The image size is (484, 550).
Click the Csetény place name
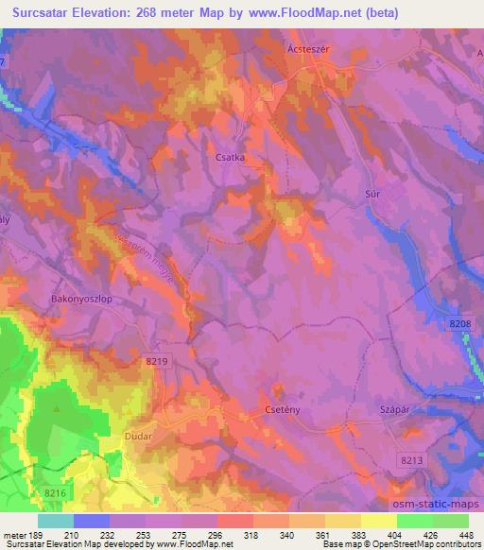(281, 411)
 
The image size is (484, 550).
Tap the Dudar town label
(139, 438)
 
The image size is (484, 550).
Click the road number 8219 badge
(158, 361)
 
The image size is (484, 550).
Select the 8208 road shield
(459, 324)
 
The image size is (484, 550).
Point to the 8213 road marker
(411, 459)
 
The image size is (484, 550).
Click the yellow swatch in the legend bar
(342, 520)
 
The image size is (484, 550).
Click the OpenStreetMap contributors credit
(419, 544)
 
